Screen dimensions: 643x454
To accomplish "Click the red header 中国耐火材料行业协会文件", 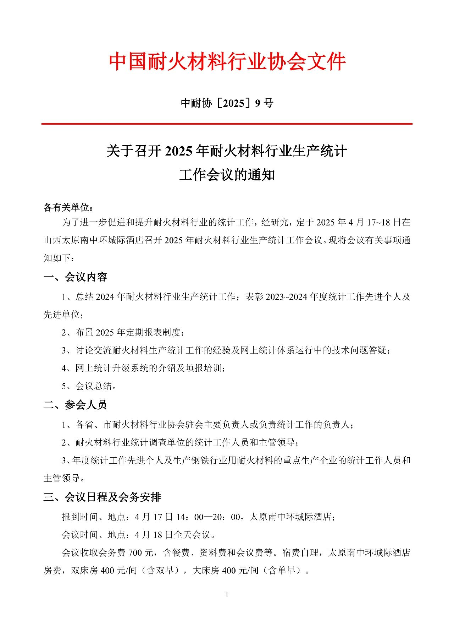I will point(227,62).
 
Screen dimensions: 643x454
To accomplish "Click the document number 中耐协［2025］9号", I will point(227,103).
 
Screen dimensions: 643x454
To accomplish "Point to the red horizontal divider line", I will point(227,124).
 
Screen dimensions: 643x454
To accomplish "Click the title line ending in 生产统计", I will point(227,151).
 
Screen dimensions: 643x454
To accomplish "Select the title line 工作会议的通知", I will point(227,175).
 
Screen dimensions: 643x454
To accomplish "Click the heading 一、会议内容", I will point(75,277).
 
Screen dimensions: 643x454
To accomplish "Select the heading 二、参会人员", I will point(75,405).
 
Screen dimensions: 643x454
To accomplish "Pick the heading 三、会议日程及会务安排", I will point(102,497).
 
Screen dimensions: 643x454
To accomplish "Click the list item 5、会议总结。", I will point(89,386).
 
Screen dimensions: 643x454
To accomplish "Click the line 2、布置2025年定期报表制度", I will point(123,333).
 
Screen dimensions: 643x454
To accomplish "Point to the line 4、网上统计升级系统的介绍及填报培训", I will point(143,368).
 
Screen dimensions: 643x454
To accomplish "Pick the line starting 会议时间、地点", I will point(138,535).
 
